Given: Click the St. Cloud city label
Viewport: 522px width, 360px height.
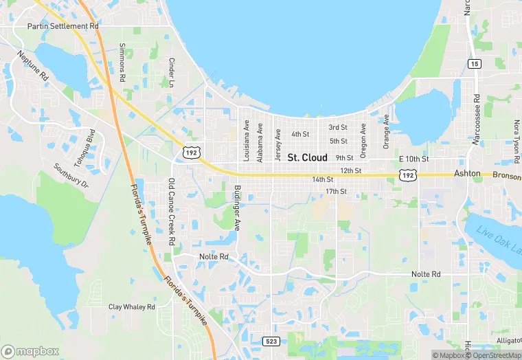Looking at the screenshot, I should pyautogui.click(x=307, y=158).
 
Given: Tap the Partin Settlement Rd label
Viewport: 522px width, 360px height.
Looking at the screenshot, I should pyautogui.click(x=63, y=26).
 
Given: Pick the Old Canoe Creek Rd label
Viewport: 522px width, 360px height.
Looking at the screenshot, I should pyautogui.click(x=172, y=212).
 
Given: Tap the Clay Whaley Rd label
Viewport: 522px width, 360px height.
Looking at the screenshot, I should pyautogui.click(x=132, y=307).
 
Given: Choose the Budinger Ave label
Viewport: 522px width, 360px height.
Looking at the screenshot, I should pyautogui.click(x=237, y=207).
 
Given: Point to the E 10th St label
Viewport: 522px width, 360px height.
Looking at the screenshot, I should pyautogui.click(x=413, y=159).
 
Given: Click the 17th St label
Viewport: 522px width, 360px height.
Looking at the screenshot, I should pyautogui.click(x=337, y=191).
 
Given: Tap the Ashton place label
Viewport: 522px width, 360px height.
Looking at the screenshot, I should pyautogui.click(x=467, y=175).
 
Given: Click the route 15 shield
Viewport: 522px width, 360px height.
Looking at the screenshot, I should pyautogui.click(x=475, y=63).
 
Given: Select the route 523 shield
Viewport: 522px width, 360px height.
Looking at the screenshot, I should pyautogui.click(x=271, y=341).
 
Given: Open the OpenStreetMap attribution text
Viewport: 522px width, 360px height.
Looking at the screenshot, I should pyautogui.click(x=494, y=355).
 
